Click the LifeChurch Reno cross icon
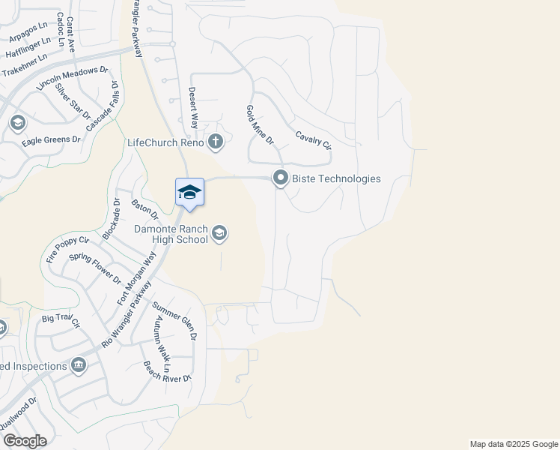(x=215, y=141)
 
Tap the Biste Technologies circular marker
(x=281, y=178)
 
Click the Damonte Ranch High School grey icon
(x=219, y=234)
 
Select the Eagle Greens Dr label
(x=51, y=140)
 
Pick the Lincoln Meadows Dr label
(x=73, y=78)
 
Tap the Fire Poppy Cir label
(x=68, y=249)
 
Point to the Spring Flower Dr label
(x=95, y=268)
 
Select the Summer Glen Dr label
(x=174, y=321)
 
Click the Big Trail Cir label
(x=61, y=322)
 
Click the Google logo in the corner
(x=24, y=441)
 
